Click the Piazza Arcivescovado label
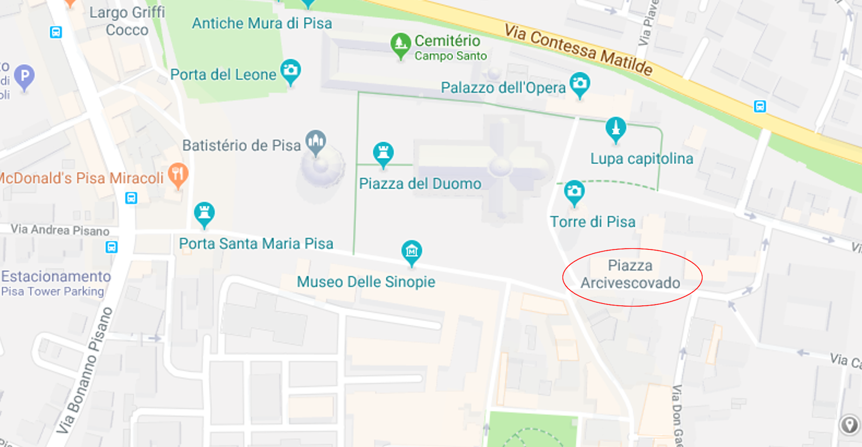[x=630, y=274]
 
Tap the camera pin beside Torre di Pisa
[x=574, y=192]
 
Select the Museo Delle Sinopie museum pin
[x=412, y=251]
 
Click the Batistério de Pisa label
[x=241, y=145]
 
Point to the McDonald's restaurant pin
[x=178, y=174]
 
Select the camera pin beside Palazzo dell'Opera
[x=580, y=84]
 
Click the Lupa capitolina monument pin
[x=616, y=129]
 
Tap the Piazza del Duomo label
[x=420, y=184]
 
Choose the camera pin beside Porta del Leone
[x=291, y=71]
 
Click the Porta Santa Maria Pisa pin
[x=204, y=214]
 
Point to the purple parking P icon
[x=24, y=76]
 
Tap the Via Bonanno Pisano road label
[x=86, y=371]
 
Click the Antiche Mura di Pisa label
[x=262, y=24]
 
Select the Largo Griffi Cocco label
[x=127, y=21]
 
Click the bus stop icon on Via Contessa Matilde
[x=760, y=106]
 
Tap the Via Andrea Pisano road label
[x=60, y=230]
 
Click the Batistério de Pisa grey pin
[x=316, y=142]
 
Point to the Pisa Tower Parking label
[x=53, y=291]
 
